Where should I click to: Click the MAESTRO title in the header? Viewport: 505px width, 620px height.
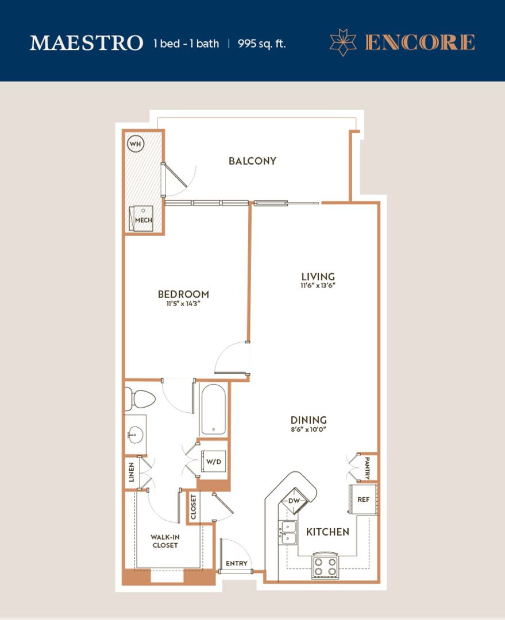pos(86,43)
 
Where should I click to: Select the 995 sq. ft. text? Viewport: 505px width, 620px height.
pos(261,44)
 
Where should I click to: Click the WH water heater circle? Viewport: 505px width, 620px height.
pos(136,144)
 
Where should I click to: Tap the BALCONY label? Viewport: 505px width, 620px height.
pos(252,161)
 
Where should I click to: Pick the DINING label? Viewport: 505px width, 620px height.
pos(309,420)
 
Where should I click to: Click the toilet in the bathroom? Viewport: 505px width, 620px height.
pos(140,397)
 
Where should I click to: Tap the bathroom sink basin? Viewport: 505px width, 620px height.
pos(134,435)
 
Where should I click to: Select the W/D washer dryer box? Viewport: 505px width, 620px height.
pos(213,462)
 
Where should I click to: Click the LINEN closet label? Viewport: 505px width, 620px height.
pos(131,473)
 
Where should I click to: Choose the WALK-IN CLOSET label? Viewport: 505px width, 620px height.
pos(164,541)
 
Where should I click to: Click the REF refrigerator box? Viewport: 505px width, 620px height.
pos(363,499)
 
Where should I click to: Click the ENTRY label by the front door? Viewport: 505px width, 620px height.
pos(236,563)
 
